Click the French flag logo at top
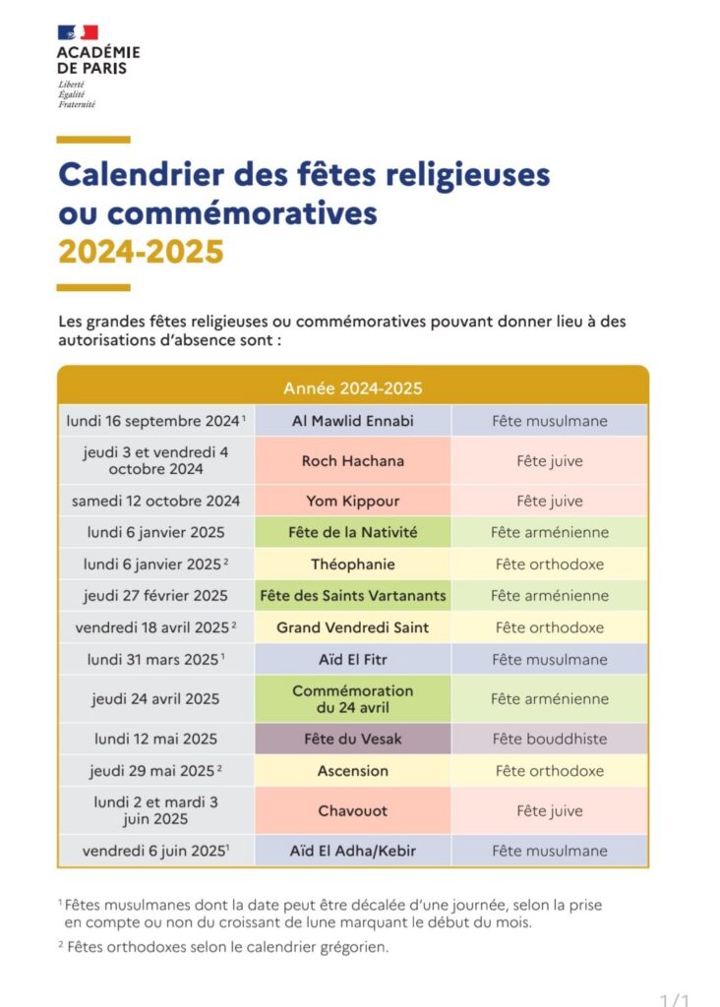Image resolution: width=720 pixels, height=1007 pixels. point(78,32)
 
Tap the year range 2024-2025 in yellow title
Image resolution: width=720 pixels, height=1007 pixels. point(141,252)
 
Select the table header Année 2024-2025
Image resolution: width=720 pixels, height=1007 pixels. point(353,388)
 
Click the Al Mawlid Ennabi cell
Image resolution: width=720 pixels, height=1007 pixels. point(353,421)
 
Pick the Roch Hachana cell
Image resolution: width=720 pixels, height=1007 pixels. point(353,460)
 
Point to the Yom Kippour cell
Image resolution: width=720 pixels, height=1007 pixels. point(353,501)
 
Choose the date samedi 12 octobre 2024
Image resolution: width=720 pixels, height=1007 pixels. point(155,501)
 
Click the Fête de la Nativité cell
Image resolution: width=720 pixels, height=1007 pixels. point(353,532)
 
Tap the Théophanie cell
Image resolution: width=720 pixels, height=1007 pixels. point(353,564)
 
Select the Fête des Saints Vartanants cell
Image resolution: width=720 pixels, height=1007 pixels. point(353,595)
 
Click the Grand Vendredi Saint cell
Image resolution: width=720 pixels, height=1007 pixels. point(353,627)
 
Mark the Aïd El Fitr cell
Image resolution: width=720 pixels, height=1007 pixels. point(353,659)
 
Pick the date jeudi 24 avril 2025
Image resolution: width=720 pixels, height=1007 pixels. point(155,699)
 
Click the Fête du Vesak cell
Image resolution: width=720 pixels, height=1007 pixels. point(353,739)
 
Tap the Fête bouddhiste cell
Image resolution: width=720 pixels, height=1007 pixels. point(550,739)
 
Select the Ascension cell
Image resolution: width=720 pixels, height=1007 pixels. point(353,771)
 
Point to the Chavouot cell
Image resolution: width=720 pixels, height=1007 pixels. point(353,810)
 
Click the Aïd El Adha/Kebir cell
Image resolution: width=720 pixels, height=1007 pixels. point(353,851)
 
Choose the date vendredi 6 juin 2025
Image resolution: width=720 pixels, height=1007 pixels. point(155,851)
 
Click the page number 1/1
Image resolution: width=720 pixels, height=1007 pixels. point(675,999)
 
